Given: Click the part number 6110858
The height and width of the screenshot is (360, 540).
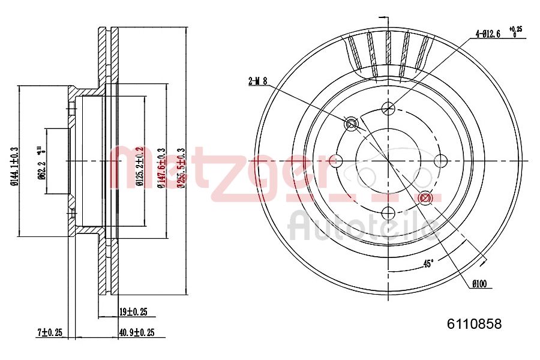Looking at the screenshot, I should pyautogui.click(x=474, y=324).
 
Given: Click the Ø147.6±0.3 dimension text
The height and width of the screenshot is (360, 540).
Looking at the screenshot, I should pyautogui.click(x=160, y=168).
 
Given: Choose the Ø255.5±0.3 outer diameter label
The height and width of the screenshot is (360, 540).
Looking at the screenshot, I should pyautogui.click(x=180, y=168).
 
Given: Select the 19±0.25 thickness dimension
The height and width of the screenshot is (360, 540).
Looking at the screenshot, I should pyautogui.click(x=133, y=312).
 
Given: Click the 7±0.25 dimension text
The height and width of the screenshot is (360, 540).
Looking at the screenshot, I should pyautogui.click(x=50, y=332).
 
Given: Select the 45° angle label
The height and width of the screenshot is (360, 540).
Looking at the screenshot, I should pyautogui.click(x=428, y=263).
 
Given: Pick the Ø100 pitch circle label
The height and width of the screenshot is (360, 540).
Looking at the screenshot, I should pyautogui.click(x=478, y=284).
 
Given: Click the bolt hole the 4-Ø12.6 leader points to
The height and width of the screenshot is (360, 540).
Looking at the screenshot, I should pyautogui.click(x=389, y=109).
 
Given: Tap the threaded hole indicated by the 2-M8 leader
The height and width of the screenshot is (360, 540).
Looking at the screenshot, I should pyautogui.click(x=352, y=124).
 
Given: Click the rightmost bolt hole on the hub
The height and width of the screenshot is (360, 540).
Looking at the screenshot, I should pyautogui.click(x=441, y=161).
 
